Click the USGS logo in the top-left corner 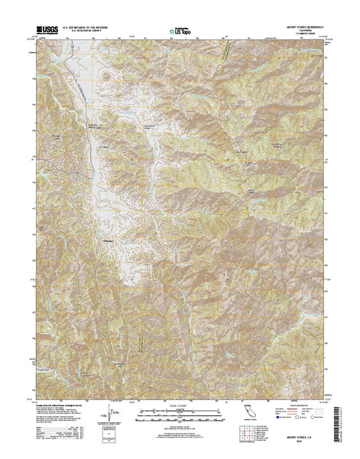(44, 31)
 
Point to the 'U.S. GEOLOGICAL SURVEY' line (85, 31)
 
